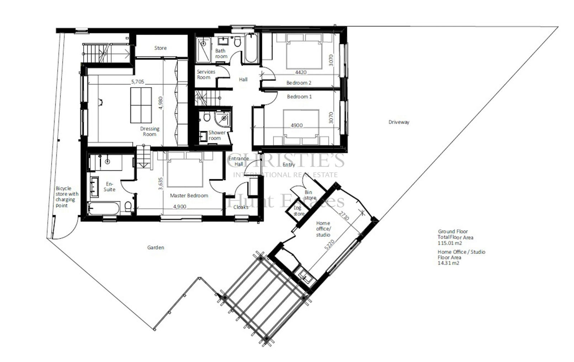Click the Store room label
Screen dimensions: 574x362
pos(160,48)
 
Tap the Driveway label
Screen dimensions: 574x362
pos(399,122)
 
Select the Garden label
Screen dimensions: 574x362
pos(156,247)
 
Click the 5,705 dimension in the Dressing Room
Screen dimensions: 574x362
pos(138,82)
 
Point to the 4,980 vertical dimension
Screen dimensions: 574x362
pos(161,103)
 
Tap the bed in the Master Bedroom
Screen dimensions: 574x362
pos(185,169)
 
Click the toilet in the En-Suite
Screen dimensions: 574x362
pos(128,206)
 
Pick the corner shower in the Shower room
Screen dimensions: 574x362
pos(223,119)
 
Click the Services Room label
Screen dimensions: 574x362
pos(206,74)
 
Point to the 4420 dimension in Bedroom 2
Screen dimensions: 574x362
pos(301,72)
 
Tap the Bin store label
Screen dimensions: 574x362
pos(310,195)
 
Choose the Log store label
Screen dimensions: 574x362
pos(299,211)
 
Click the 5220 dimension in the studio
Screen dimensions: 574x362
pos(330,244)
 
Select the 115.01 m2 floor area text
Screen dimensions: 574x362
pos(450,243)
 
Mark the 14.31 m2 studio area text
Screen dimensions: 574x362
pos(448,263)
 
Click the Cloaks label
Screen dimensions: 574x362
pos(241,207)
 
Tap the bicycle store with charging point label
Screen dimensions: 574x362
pos(67,197)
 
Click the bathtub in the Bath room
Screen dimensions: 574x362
pos(251,48)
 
